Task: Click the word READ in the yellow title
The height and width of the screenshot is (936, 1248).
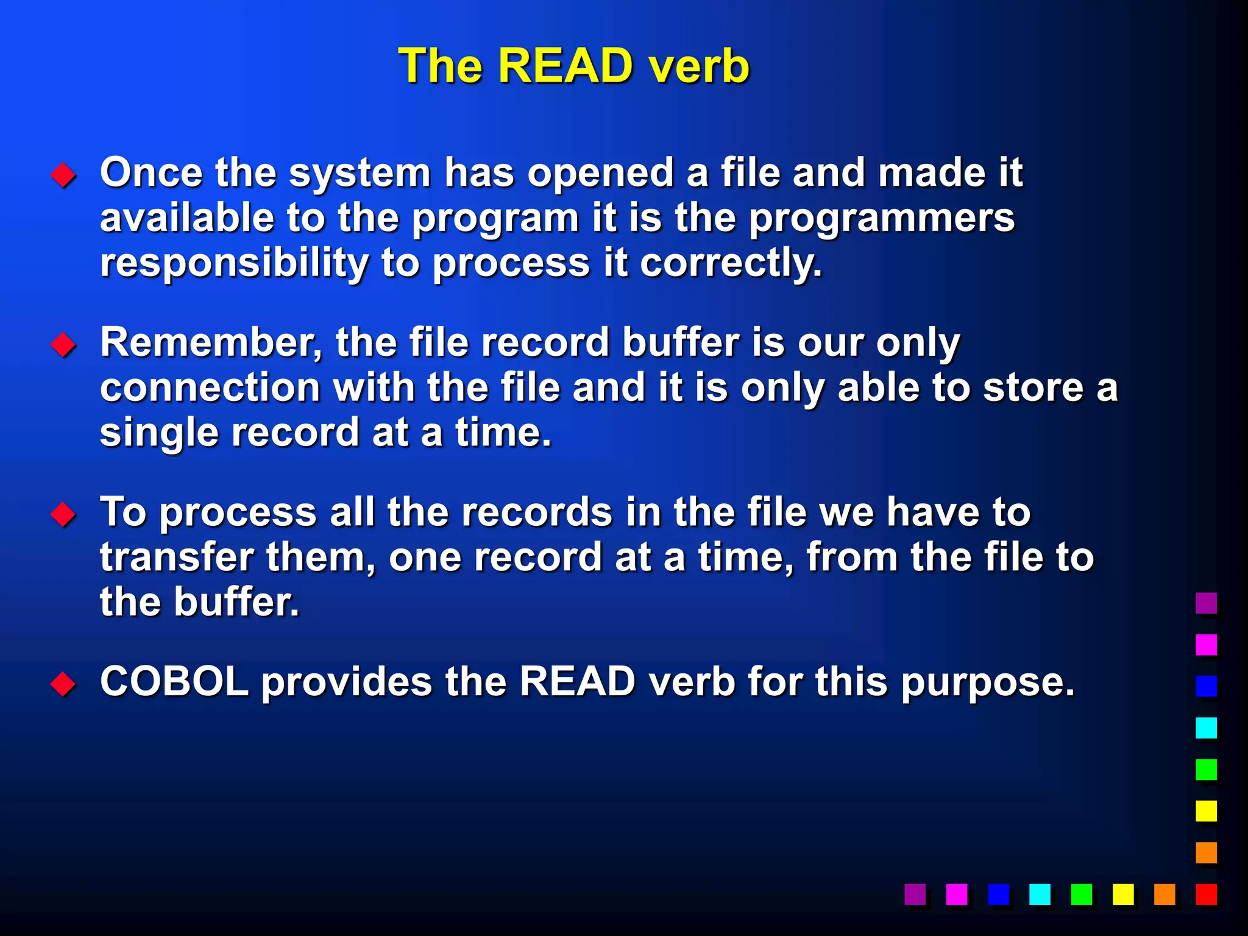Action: coord(566,66)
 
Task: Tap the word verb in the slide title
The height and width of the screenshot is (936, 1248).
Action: coord(699,66)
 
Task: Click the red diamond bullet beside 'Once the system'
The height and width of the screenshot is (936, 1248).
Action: coord(63,175)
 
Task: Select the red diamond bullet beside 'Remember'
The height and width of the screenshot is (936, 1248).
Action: coord(63,345)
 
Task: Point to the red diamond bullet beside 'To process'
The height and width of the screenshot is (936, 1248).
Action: coord(63,514)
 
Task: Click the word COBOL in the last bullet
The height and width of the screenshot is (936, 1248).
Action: coord(174,681)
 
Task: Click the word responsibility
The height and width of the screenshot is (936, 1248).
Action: coord(234,263)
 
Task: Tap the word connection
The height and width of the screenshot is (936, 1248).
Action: coord(210,388)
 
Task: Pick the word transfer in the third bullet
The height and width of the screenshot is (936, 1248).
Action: coord(177,558)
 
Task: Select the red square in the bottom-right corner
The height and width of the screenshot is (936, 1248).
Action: coord(1206,894)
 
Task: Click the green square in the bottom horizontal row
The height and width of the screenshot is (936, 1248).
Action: coord(1081,894)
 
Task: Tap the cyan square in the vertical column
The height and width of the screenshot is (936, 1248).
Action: coord(1206,728)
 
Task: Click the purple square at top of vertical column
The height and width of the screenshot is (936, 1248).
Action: coord(1206,603)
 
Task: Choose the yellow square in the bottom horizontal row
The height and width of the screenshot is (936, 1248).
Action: coord(1122,894)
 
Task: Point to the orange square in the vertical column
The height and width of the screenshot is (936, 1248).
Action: coord(1206,853)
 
